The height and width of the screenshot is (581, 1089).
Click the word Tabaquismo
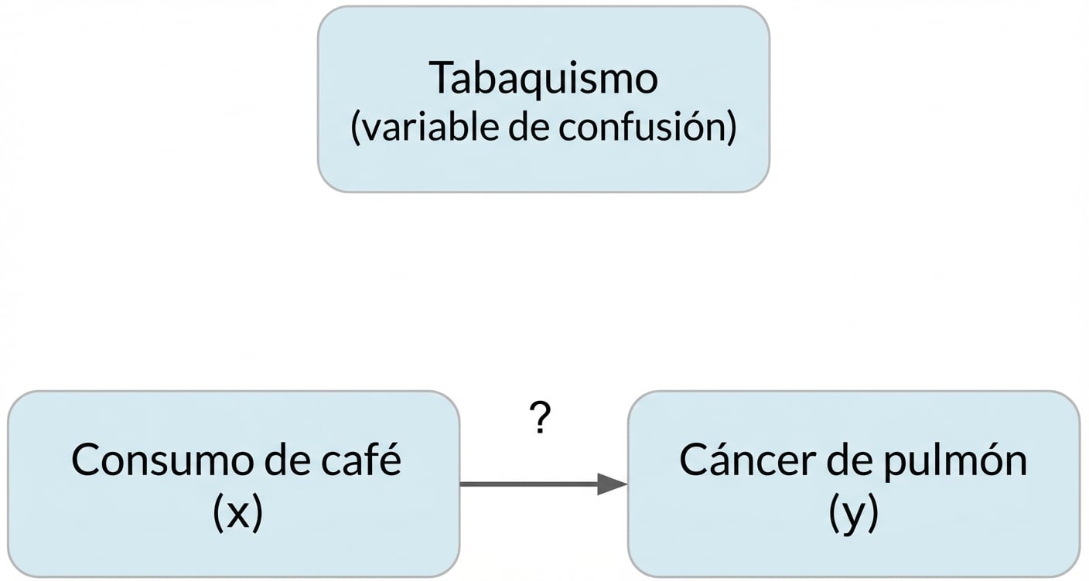point(543,78)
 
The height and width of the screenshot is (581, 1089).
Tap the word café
point(367,460)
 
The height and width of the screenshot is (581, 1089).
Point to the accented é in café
point(391,460)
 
